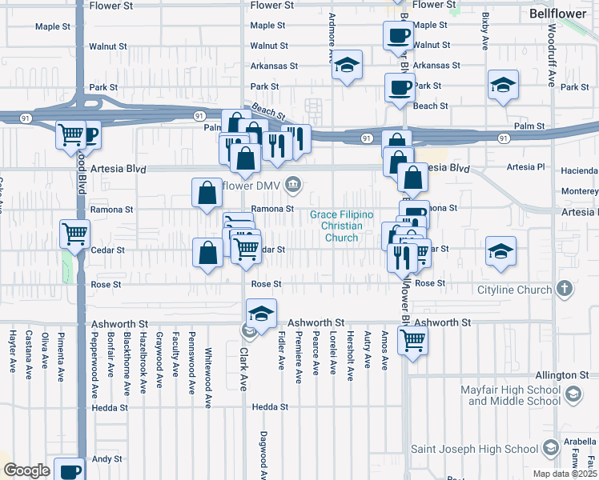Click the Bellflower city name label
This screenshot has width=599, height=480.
[x=557, y=14]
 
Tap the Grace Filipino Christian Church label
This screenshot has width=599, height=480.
[x=336, y=220]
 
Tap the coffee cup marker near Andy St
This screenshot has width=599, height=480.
[x=70, y=470]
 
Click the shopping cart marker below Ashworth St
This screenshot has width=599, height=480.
[x=413, y=340]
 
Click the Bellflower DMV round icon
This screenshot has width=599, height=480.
[x=294, y=186]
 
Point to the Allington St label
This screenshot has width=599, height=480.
[x=562, y=374]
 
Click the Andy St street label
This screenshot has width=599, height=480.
[x=106, y=459]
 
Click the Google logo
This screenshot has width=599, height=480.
[x=26, y=470]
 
